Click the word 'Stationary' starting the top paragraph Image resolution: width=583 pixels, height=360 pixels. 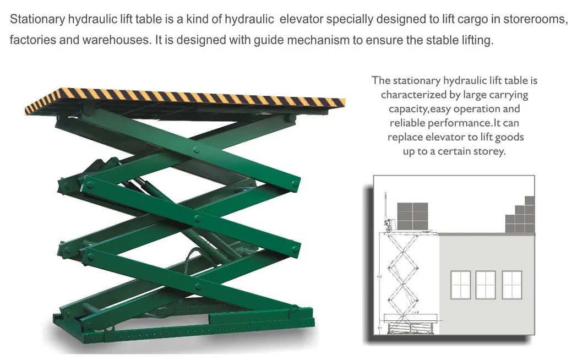tap(37, 19)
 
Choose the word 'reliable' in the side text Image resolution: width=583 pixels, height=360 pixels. tap(411, 123)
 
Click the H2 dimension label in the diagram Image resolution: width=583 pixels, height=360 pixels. tap(379, 276)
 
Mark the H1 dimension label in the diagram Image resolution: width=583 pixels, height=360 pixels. tap(379, 328)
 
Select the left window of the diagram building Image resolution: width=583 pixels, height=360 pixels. tap(461, 285)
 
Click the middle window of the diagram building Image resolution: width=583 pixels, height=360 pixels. tap(486, 285)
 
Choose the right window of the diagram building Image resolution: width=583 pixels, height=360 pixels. tap(511, 285)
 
